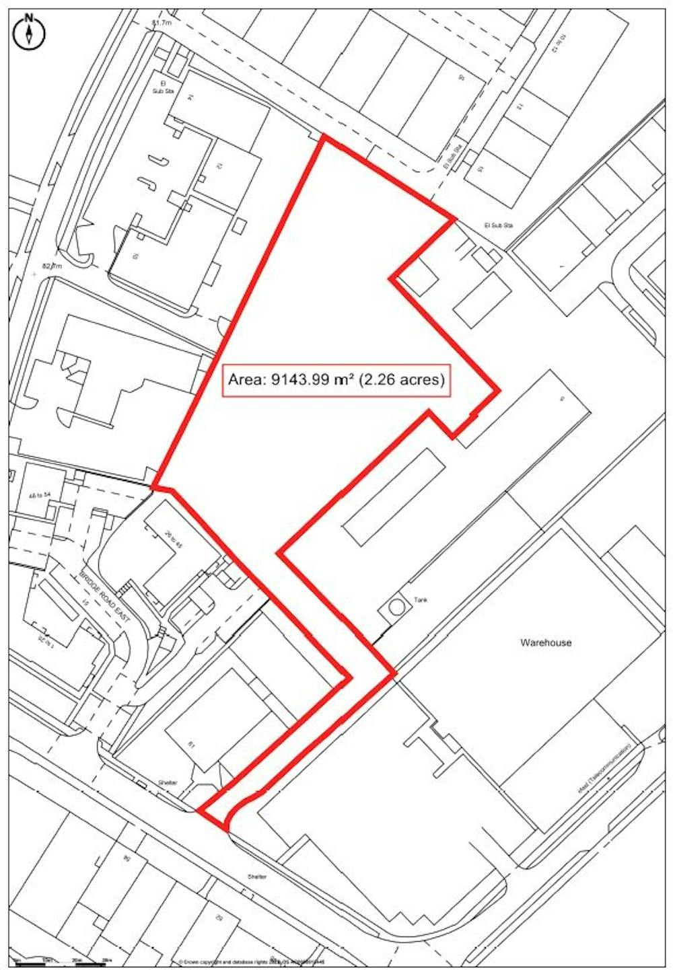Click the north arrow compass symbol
point(29,32)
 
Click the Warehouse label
point(546,642)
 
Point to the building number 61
point(192,745)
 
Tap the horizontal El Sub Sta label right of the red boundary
point(498,225)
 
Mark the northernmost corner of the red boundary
point(324,137)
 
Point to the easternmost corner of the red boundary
point(499,389)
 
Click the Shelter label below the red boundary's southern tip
point(256,877)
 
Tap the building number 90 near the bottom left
point(127,858)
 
